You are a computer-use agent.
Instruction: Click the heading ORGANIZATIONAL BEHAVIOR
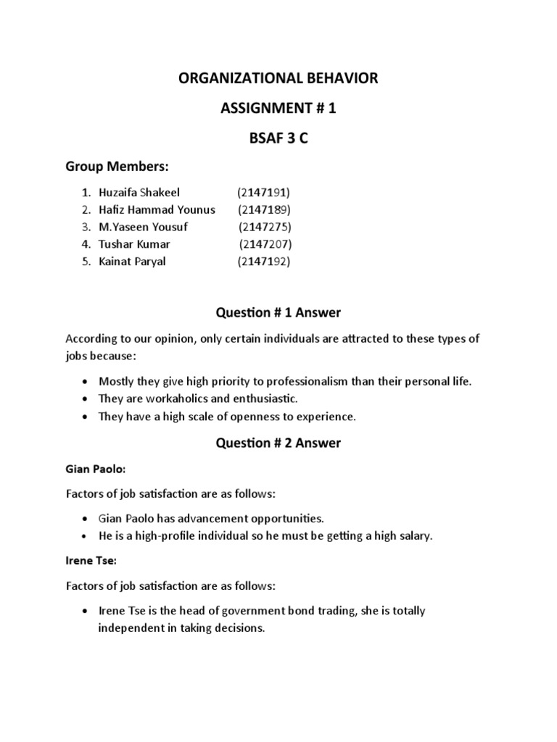[x=278, y=78]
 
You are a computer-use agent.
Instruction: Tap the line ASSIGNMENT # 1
[x=278, y=109]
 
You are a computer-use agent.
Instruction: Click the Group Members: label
[x=117, y=167]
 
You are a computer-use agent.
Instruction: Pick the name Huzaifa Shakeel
[x=139, y=192]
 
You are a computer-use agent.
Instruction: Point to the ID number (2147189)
[x=264, y=209]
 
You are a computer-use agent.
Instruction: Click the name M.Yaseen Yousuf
[x=143, y=227]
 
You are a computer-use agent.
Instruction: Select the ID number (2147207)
[x=265, y=244]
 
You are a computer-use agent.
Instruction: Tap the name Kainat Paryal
[x=132, y=262]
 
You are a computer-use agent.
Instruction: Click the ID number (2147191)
[x=263, y=192]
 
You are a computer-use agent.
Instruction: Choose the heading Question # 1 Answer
[x=278, y=312]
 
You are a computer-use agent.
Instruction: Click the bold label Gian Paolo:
[x=96, y=469]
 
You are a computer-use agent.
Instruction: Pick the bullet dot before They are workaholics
[x=86, y=399]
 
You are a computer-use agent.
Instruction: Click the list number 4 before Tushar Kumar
[x=85, y=244]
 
